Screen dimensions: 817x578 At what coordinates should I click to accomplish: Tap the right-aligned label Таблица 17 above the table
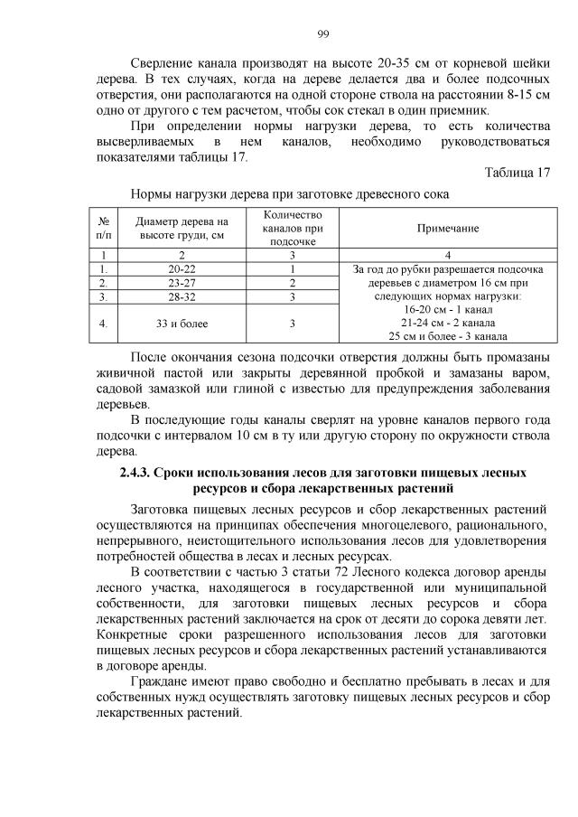point(517,173)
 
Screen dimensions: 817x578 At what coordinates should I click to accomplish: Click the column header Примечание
point(447,230)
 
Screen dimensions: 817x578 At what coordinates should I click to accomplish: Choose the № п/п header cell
point(105,230)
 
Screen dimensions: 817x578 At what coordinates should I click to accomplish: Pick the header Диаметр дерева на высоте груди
point(182,230)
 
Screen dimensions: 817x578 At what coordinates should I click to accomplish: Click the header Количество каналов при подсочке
point(293,230)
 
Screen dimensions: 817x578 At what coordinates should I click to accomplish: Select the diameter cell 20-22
point(182,269)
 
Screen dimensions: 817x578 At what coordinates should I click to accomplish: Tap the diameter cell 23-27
point(182,283)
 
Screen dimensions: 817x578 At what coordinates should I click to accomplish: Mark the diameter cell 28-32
point(182,296)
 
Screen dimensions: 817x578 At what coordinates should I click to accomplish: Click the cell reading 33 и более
point(182,323)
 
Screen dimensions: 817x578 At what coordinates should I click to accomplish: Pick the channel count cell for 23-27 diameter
point(293,283)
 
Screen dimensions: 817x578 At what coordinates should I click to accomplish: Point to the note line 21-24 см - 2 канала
point(447,323)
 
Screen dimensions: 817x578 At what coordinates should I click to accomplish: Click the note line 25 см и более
point(447,336)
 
